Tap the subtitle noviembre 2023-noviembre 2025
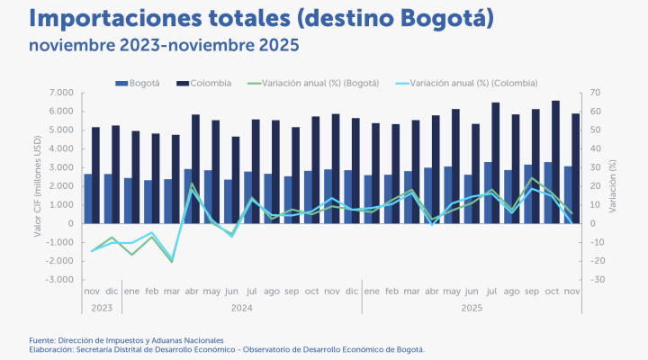click(x=163, y=44)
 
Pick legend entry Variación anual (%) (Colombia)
click(x=473, y=83)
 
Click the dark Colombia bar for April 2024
click(x=195, y=168)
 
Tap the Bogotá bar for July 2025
click(x=488, y=192)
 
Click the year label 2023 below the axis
click(x=102, y=307)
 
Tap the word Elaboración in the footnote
click(x=52, y=348)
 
